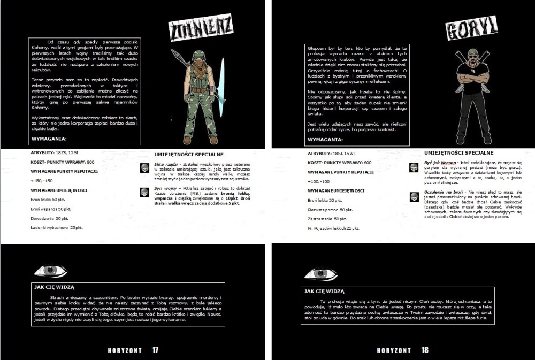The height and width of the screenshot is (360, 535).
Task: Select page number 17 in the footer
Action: tap(155, 350)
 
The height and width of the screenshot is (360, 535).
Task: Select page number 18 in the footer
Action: tap(425, 350)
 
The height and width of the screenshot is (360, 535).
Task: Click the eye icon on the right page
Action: tap(321, 274)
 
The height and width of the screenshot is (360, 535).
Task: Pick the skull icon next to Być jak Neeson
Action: tap(414, 168)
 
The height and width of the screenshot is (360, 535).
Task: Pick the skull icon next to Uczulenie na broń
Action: tap(414, 197)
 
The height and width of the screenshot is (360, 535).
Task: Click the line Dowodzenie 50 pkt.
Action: tap(50, 218)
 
